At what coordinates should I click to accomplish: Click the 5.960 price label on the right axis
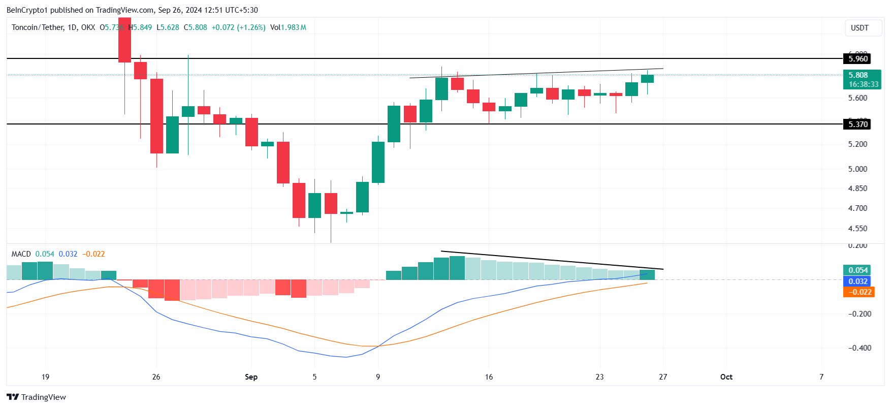[x=858, y=59]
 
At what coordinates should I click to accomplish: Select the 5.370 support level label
[x=858, y=124]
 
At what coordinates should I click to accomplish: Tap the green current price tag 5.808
[x=858, y=75]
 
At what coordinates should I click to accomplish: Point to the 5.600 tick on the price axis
[x=857, y=98]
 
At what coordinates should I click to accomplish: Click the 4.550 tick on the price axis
[x=857, y=229]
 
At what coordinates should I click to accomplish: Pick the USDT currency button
[x=860, y=28]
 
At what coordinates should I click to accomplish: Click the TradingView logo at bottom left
[x=36, y=397]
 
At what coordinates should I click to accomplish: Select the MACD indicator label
[x=21, y=254]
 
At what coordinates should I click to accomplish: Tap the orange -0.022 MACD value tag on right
[x=858, y=292]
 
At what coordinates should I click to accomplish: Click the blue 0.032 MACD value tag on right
[x=858, y=281]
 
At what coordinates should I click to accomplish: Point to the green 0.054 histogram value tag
[x=858, y=270]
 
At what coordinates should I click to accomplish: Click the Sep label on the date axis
[x=251, y=377]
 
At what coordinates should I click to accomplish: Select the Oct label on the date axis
[x=726, y=377]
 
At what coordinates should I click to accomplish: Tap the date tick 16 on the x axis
[x=489, y=377]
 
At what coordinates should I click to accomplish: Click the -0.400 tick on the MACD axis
[x=860, y=348]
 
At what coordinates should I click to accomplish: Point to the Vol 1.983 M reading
[x=288, y=27]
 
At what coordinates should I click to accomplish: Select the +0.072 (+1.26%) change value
[x=238, y=27]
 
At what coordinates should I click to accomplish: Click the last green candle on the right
[x=647, y=79]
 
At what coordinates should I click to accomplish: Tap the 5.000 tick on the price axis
[x=857, y=169]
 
